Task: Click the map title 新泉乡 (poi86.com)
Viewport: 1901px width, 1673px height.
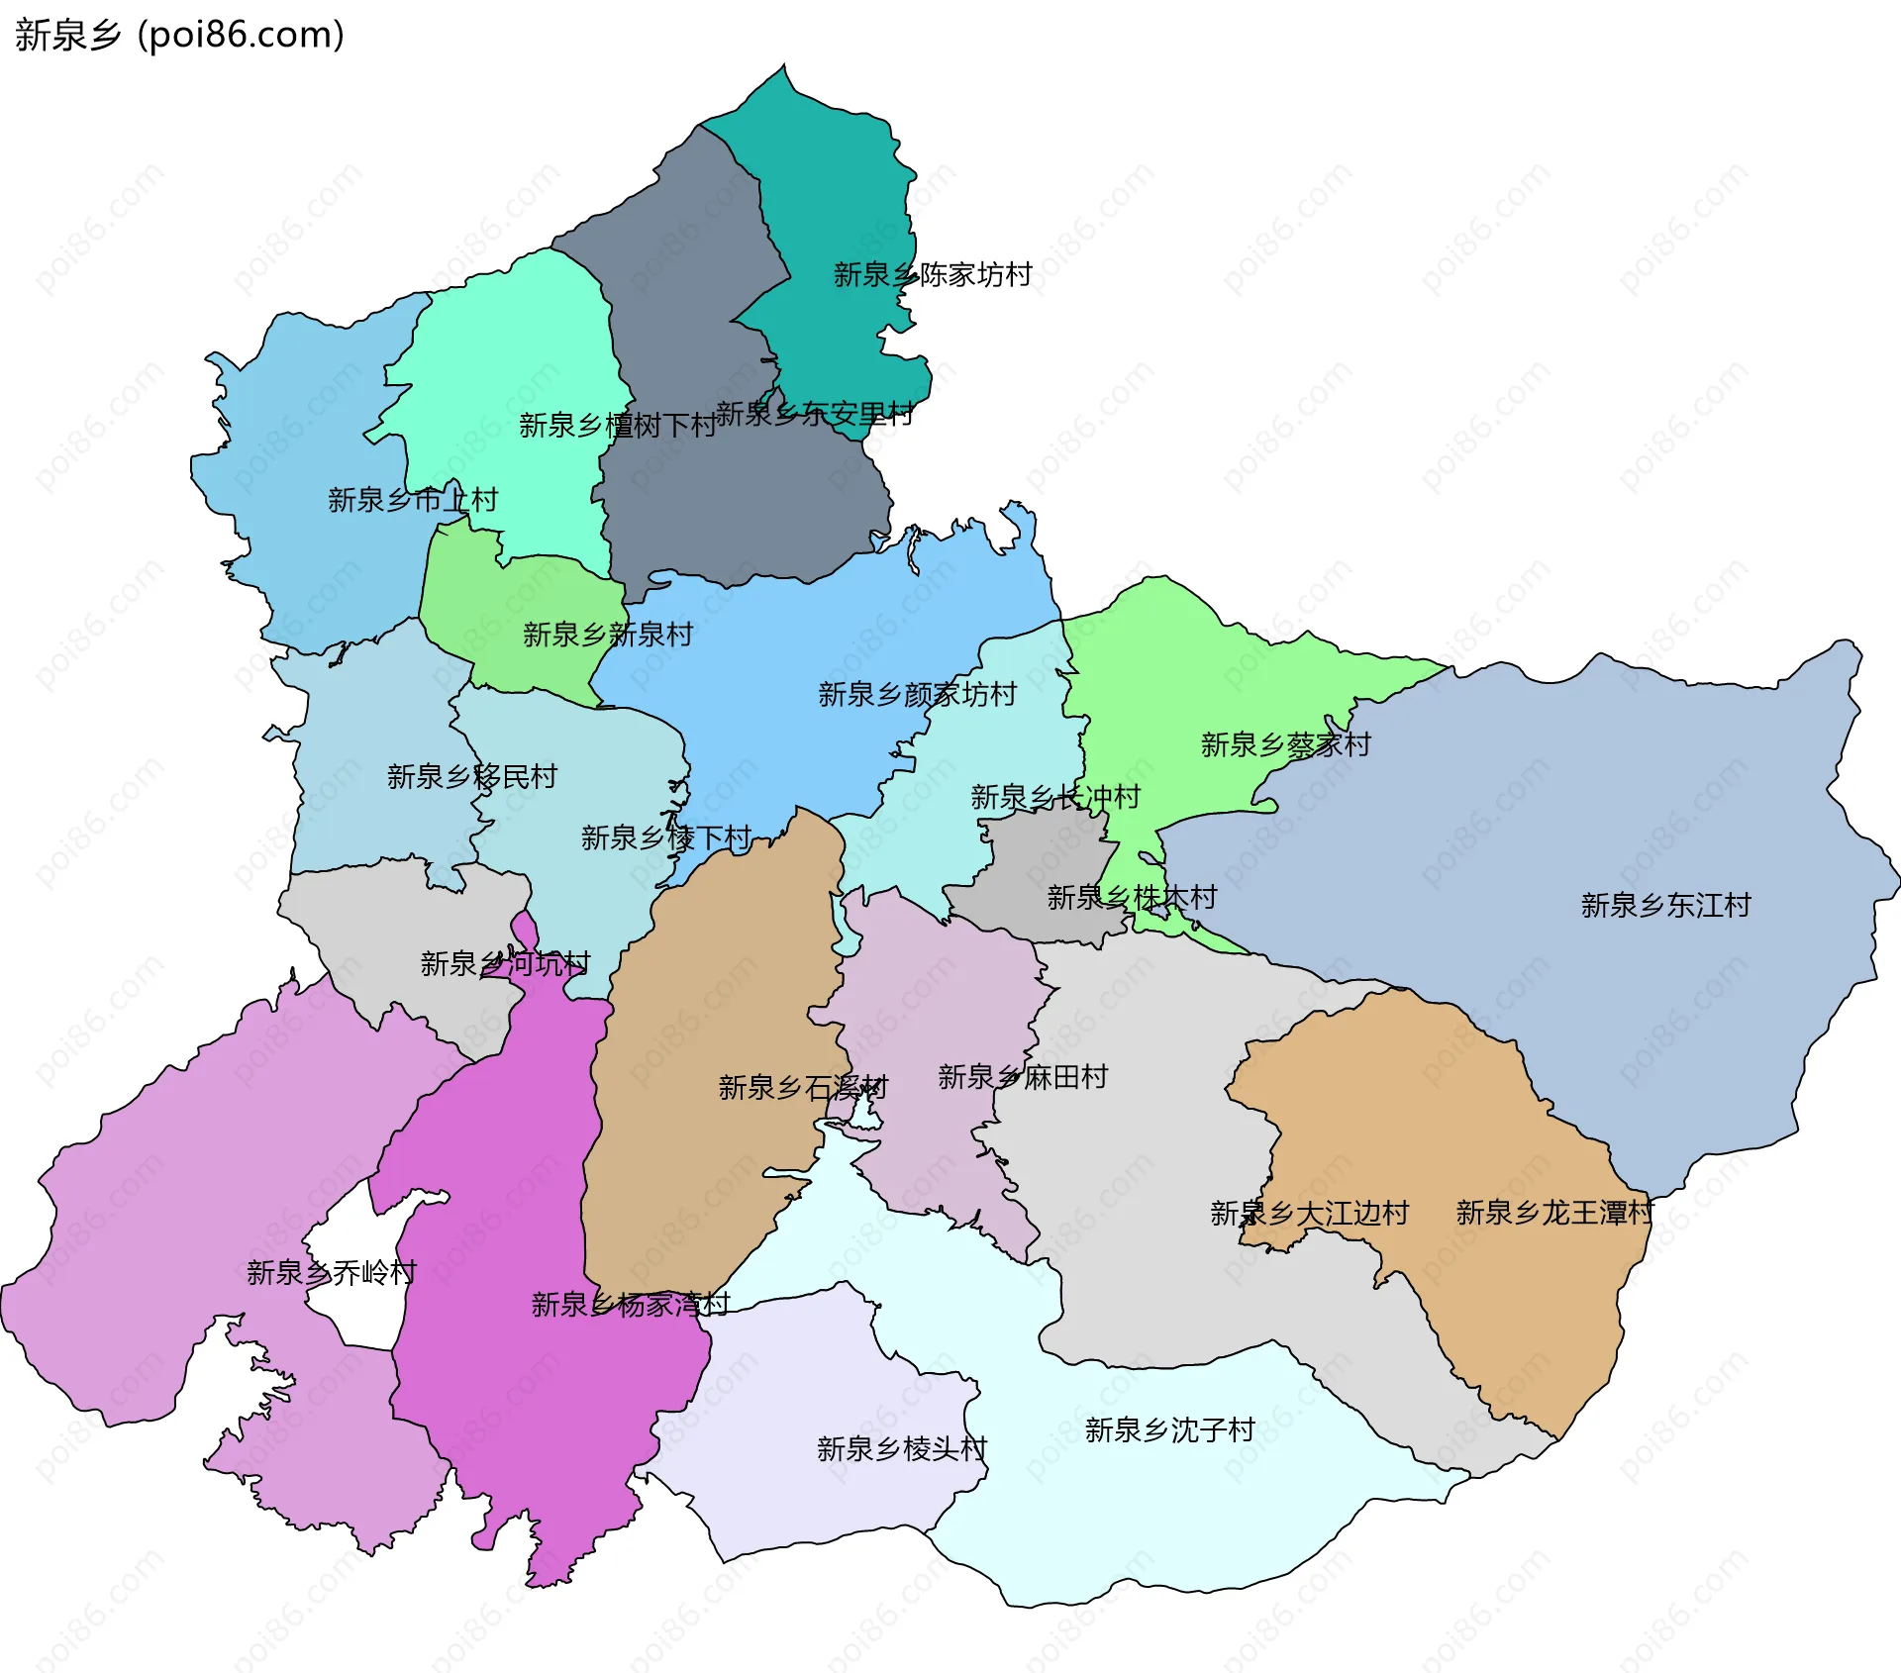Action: [179, 35]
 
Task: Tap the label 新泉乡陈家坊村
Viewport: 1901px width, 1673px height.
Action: [933, 274]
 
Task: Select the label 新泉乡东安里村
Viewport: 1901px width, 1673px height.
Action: [814, 414]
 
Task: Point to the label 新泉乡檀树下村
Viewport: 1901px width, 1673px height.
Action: [617, 426]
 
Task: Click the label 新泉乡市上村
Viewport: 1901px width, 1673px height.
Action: [412, 500]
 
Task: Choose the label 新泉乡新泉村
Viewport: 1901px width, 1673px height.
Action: [607, 635]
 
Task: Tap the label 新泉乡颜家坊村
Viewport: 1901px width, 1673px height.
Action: [917, 695]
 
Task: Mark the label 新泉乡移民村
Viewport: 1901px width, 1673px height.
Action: [471, 777]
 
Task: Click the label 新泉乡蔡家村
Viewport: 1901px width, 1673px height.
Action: [1285, 744]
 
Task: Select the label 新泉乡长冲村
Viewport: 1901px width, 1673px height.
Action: [1054, 797]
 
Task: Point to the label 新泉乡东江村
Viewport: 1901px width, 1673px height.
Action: [1665, 905]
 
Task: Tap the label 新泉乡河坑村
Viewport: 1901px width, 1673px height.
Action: [505, 963]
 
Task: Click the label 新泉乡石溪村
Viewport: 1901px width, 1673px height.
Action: [803, 1088]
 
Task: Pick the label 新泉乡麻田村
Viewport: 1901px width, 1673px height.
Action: [1022, 1077]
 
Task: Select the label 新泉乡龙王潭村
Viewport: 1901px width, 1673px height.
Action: [1553, 1213]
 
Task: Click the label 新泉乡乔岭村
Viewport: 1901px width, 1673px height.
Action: [331, 1272]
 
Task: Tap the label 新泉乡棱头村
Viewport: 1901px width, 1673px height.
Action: [901, 1449]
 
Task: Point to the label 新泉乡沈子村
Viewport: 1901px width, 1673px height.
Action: [1169, 1429]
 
